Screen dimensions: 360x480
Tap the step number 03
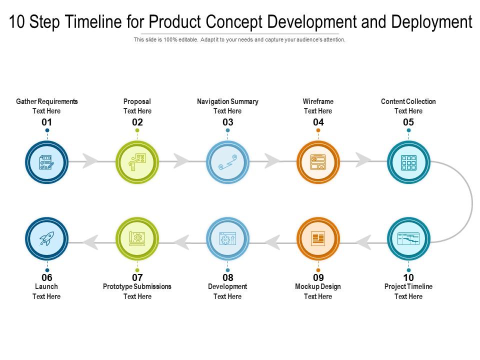coord(227,122)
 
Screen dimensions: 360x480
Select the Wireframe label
coord(318,101)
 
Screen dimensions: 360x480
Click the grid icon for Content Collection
coord(408,162)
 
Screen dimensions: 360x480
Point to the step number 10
coord(408,277)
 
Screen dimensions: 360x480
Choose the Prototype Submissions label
coord(137,286)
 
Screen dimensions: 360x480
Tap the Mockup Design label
coord(318,286)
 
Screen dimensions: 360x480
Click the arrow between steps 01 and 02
coord(90,161)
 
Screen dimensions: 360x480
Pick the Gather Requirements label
coord(47,101)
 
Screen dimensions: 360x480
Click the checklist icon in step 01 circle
coord(46,162)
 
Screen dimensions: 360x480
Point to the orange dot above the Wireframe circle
coord(318,130)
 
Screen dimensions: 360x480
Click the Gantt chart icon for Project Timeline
coord(408,238)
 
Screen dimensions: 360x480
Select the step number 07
coord(137,277)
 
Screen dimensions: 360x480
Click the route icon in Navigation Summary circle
coord(227,162)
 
